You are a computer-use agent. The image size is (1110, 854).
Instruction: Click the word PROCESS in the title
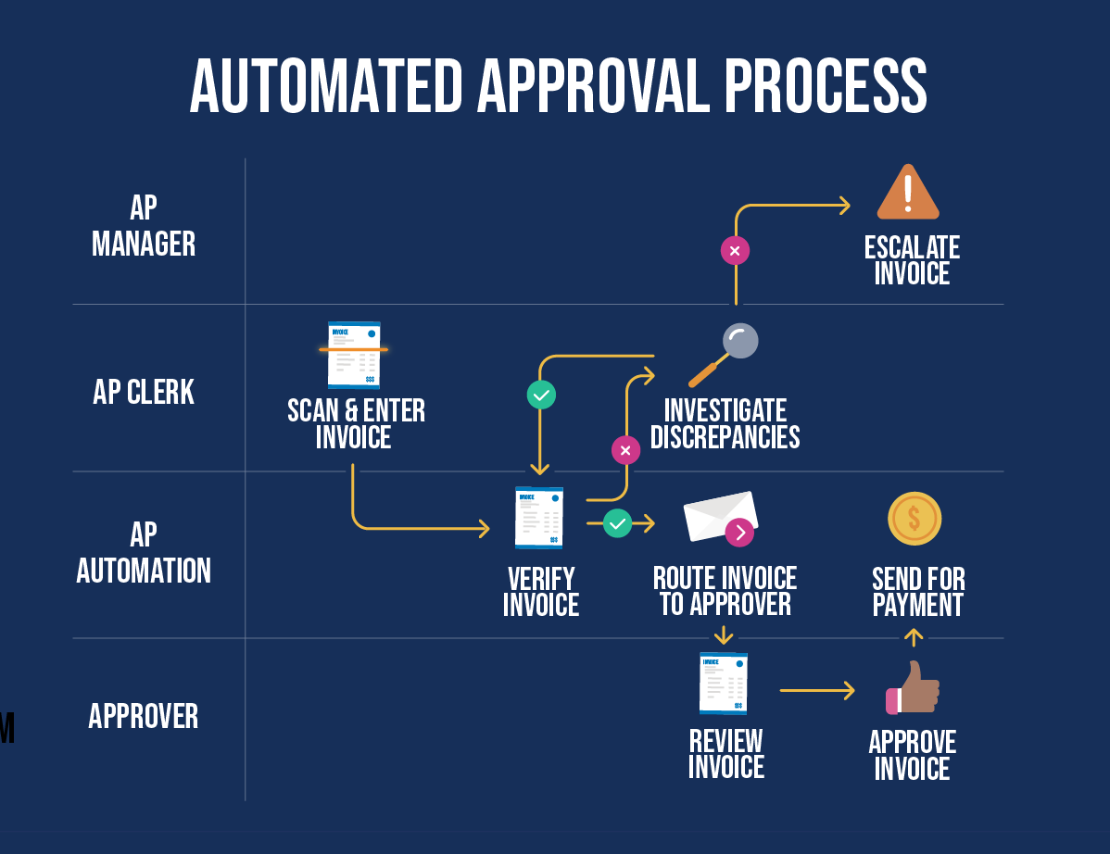click(x=825, y=86)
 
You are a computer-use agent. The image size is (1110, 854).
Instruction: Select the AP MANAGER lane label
click(x=144, y=226)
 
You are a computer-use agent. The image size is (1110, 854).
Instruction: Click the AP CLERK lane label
click(x=144, y=393)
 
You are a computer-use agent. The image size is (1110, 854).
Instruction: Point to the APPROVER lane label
click(x=144, y=717)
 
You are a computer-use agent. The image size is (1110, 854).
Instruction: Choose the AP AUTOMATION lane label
click(x=144, y=553)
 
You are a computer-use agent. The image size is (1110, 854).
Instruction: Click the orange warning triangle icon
click(x=908, y=193)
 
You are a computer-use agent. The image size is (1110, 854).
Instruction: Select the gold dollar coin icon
click(x=914, y=519)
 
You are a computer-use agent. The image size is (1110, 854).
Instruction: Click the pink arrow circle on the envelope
click(x=739, y=532)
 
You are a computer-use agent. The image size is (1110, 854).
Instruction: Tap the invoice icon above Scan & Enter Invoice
click(x=354, y=355)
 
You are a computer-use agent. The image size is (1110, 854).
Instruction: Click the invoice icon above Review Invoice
click(x=724, y=684)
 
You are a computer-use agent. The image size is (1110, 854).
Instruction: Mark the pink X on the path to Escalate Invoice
click(x=735, y=250)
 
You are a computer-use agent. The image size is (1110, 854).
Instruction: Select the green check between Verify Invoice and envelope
click(x=617, y=523)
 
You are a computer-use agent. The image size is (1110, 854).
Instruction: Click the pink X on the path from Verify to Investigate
click(x=625, y=450)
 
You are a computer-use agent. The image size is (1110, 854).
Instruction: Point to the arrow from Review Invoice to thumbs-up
click(x=816, y=690)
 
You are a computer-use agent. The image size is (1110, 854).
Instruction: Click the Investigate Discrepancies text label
click(x=725, y=424)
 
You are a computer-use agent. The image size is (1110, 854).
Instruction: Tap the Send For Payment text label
click(x=918, y=593)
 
